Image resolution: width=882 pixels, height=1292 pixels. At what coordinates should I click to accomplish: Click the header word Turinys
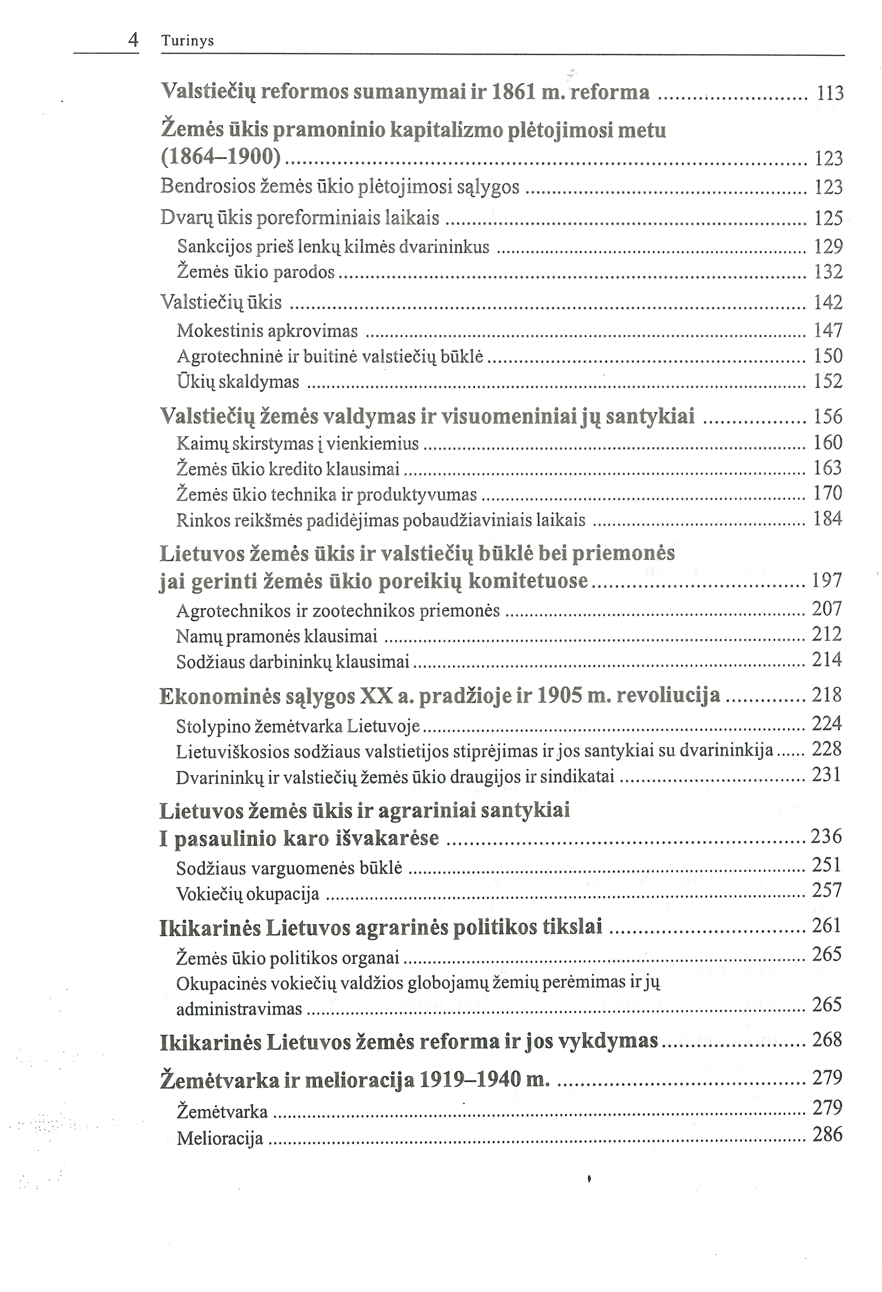tap(187, 41)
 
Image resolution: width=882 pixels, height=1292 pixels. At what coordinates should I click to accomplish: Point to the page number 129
tap(828, 246)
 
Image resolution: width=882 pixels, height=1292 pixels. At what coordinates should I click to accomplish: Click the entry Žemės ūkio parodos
tap(256, 272)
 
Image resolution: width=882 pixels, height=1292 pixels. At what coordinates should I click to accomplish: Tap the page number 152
tap(828, 381)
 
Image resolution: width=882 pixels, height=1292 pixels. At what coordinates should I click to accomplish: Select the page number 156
tap(828, 417)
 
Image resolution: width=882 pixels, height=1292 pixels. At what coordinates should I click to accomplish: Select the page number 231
tap(827, 774)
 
